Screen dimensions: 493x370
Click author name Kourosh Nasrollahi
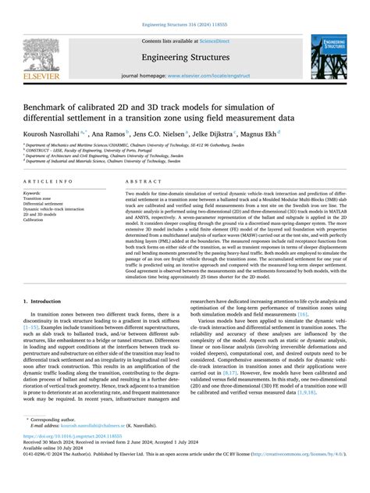point(55,134)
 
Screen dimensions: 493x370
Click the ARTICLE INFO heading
point(48,180)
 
